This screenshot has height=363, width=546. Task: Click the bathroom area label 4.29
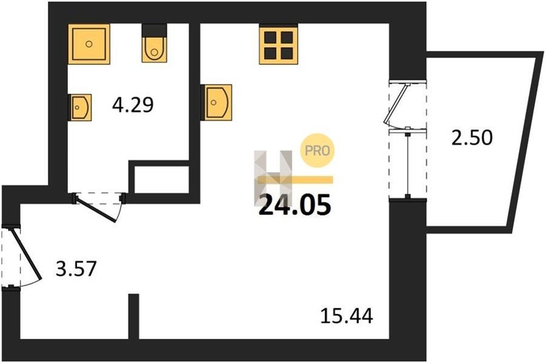point(133,105)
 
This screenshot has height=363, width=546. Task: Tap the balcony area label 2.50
point(472,138)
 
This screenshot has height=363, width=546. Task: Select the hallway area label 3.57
point(76,269)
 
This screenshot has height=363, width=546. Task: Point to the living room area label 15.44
point(346,316)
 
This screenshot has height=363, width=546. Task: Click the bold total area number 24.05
point(295,205)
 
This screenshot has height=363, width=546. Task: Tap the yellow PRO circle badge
point(317,150)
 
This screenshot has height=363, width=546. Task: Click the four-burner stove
point(278,44)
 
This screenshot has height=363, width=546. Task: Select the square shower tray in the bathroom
point(89,44)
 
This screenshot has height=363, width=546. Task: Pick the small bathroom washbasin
point(81,107)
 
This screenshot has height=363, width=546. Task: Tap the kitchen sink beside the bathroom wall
point(217,102)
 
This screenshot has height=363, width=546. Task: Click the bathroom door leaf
point(96,209)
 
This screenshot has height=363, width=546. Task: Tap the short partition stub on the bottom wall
point(133,316)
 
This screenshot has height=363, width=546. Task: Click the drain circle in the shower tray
point(89,44)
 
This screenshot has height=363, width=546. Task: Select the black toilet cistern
point(154,30)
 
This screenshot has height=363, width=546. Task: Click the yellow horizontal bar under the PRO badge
point(295,179)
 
